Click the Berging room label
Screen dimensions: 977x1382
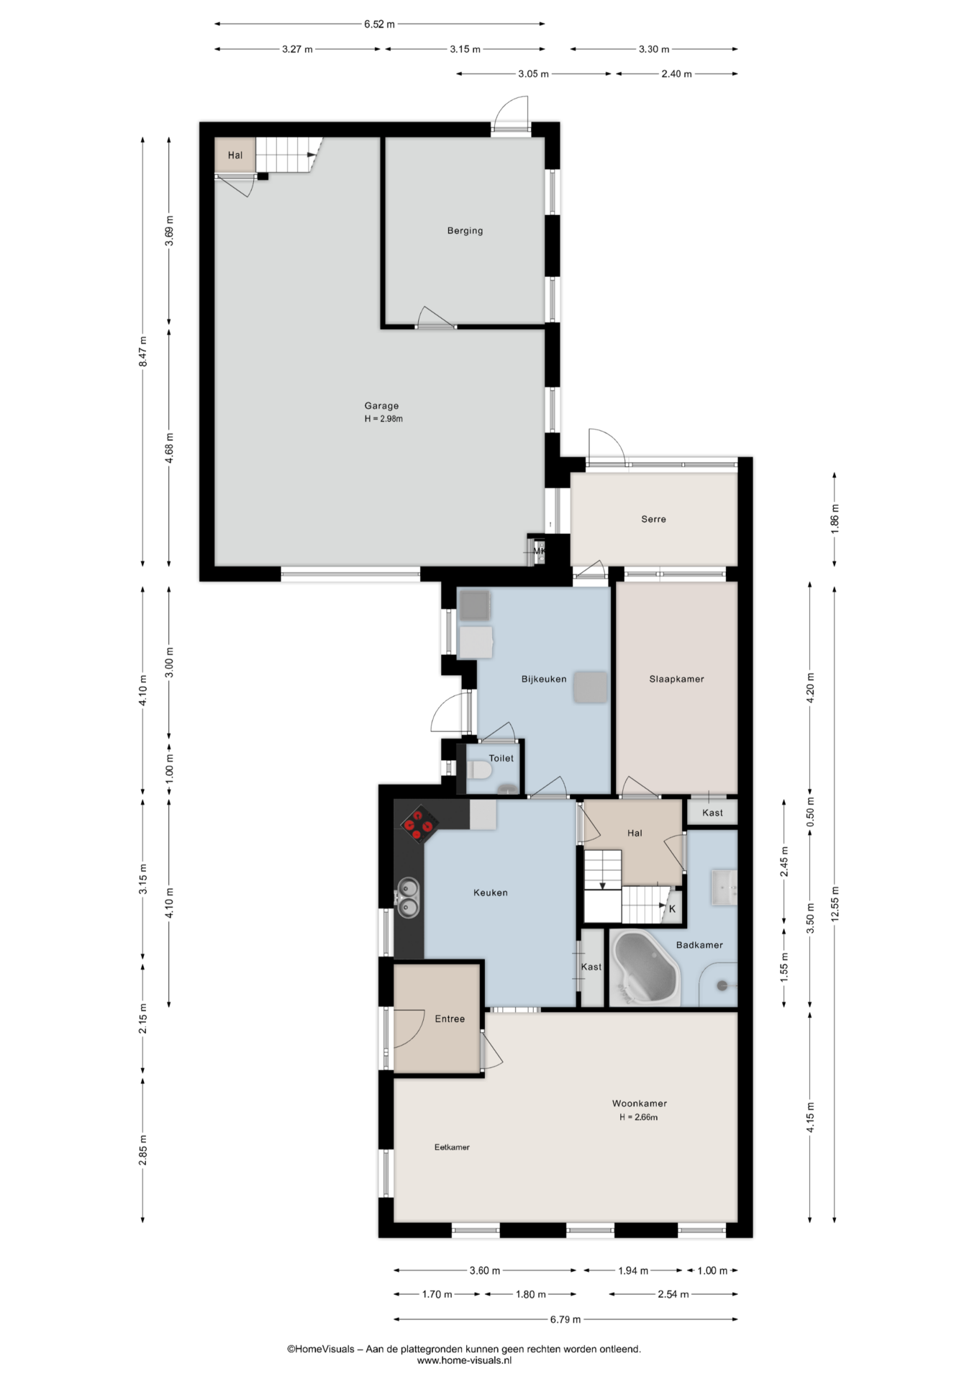(465, 231)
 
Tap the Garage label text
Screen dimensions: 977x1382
(381, 406)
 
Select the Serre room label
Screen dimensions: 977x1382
(653, 519)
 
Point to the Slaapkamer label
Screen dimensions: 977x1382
(676, 679)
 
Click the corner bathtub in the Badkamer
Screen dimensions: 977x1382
(645, 969)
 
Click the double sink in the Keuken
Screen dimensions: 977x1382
(408, 898)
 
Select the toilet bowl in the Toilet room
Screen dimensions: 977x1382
(478, 772)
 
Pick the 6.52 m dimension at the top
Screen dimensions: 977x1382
(379, 24)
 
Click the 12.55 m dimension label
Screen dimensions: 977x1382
(835, 903)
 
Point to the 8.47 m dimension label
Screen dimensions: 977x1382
(143, 352)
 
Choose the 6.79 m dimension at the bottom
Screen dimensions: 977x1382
(565, 1319)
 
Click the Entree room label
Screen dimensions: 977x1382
(450, 1019)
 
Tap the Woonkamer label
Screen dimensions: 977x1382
(640, 1103)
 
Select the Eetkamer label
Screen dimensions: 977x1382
(452, 1147)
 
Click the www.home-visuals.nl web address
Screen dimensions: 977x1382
(464, 1360)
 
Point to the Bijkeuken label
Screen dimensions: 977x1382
(544, 679)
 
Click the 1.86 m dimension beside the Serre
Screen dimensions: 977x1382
(835, 518)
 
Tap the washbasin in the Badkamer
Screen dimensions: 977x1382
(723, 888)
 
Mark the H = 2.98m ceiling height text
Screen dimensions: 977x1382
(383, 419)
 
